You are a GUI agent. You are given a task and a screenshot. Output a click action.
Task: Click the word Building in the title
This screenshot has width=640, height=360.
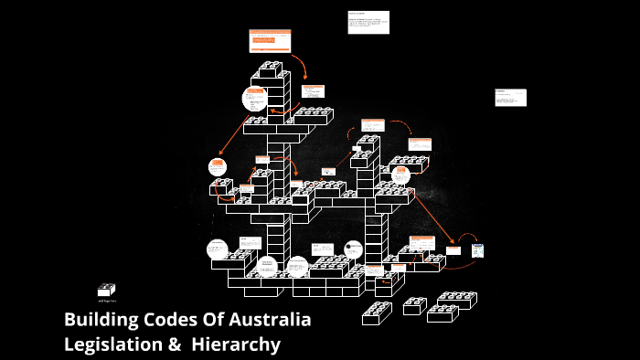click(101, 321)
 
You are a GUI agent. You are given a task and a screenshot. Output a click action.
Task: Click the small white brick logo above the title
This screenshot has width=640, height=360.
click(106, 290)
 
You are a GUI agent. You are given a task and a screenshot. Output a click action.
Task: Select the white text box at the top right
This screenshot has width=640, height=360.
click(368, 22)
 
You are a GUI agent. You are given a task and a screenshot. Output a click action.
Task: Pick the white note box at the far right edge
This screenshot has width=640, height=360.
click(510, 97)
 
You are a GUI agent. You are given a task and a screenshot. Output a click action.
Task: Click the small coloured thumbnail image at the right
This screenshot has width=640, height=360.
click(477, 250)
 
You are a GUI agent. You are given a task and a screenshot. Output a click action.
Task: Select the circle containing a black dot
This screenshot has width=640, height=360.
click(353, 249)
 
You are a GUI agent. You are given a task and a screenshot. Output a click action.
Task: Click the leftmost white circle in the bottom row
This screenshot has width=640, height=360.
click(217, 249)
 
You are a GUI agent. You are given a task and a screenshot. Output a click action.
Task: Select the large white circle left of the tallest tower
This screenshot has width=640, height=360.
click(255, 99)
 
